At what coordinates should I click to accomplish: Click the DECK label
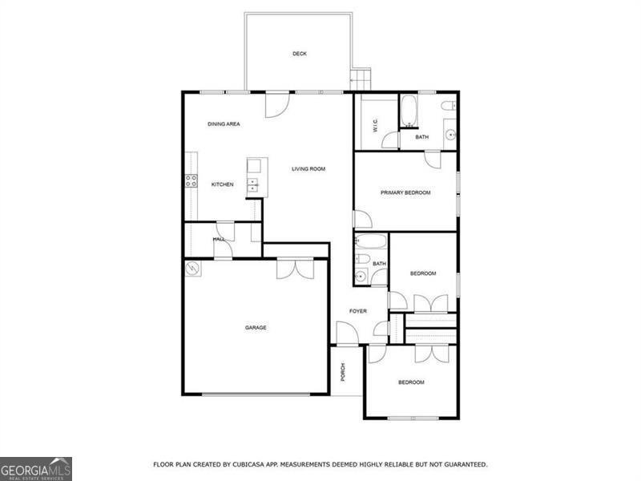[299, 54]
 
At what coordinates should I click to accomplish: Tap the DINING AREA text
[224, 124]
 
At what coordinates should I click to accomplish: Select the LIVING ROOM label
[308, 169]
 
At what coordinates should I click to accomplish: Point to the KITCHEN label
[223, 184]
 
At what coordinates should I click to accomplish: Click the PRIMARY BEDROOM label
[405, 192]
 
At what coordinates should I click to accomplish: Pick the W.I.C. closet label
[375, 126]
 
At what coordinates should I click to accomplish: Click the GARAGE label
[256, 328]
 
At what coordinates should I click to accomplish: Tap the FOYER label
[357, 311]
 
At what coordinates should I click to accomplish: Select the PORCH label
[343, 372]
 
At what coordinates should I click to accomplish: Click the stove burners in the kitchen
[191, 181]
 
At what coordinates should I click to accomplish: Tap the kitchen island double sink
[253, 185]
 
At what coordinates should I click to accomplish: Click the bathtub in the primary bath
[408, 111]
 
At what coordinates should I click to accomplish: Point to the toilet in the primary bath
[448, 106]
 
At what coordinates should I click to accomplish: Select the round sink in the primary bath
[450, 134]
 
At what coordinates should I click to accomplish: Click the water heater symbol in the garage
[192, 269]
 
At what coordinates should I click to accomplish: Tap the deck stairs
[360, 79]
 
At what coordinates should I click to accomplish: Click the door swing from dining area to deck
[277, 106]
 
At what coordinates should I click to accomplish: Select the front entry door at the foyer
[348, 333]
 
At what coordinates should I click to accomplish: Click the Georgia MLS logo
[36, 469]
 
